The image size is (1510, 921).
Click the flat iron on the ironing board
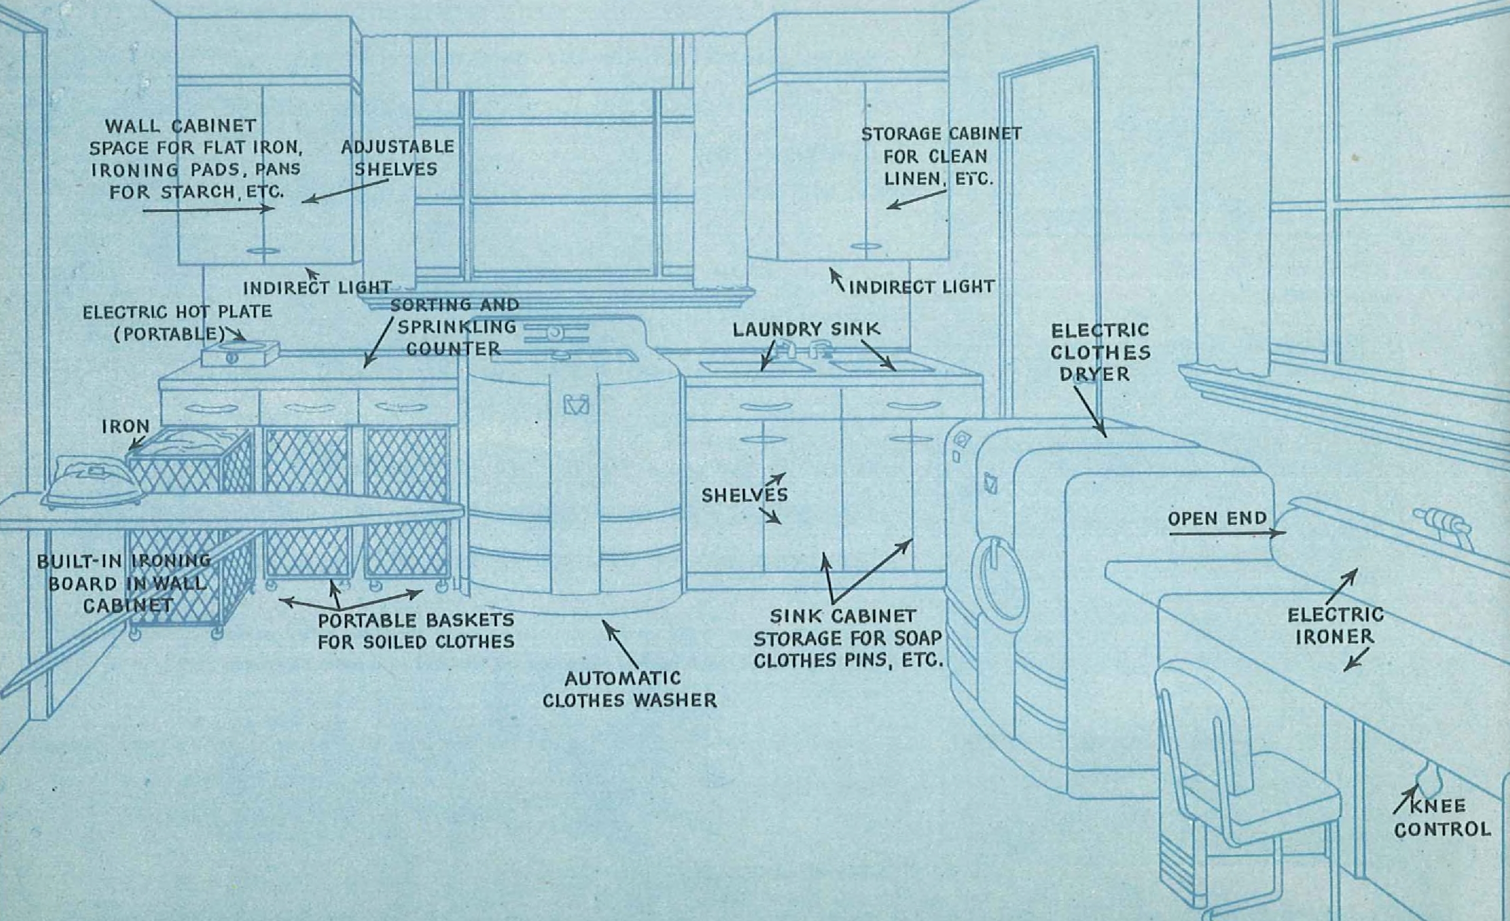pyautogui.click(x=92, y=484)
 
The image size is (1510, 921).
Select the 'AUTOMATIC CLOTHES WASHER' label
pyautogui.click(x=629, y=689)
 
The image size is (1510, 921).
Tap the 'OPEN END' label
pyautogui.click(x=1217, y=519)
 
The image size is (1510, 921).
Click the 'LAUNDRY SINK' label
pyautogui.click(x=806, y=329)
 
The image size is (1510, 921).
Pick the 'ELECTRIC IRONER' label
pyautogui.click(x=1335, y=625)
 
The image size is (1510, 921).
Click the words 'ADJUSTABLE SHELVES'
pyautogui.click(x=397, y=157)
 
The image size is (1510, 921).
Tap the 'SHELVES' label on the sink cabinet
pyautogui.click(x=744, y=495)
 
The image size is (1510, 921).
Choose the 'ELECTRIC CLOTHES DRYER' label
pyautogui.click(x=1100, y=352)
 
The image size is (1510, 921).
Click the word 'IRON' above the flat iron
pyautogui.click(x=126, y=426)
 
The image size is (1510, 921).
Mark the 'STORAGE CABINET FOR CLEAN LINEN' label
pyautogui.click(x=940, y=156)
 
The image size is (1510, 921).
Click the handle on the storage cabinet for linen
pyautogui.click(x=866, y=246)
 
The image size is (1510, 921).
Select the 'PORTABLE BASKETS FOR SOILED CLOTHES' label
pyautogui.click(x=415, y=631)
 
